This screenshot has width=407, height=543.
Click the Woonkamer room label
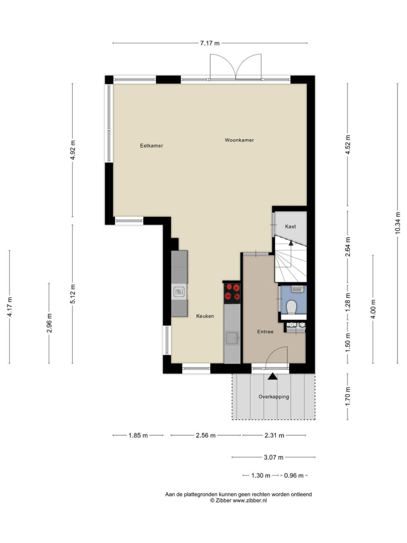click(239, 140)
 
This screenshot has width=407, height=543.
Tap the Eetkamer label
click(151, 146)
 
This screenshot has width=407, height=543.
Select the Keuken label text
click(205, 316)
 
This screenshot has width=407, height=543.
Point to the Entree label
click(265, 332)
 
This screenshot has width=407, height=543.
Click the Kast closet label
click(291, 226)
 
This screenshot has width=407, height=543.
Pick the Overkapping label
click(274, 397)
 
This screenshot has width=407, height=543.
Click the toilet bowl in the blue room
click(291, 307)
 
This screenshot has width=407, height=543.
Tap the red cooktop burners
click(232, 292)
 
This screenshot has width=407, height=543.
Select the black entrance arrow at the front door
click(273, 376)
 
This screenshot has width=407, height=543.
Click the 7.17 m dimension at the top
click(210, 43)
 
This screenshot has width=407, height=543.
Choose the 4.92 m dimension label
click(73, 150)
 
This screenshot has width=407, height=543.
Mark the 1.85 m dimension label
click(138, 435)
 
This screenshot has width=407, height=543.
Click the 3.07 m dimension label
click(274, 458)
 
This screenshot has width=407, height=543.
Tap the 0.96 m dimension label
click(294, 476)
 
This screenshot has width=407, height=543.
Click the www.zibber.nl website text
click(250, 500)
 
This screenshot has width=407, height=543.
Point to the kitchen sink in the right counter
click(232, 338)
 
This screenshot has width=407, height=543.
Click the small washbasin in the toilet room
click(297, 289)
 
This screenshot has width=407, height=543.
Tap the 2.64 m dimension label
click(348, 246)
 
